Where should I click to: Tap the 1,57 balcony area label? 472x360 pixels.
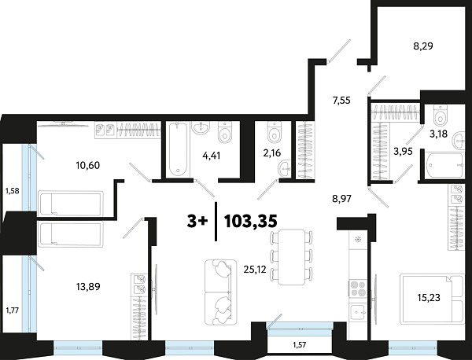[300, 343]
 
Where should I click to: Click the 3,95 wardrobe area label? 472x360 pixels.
[404, 151]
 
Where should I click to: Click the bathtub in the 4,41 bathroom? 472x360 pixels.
[176, 149]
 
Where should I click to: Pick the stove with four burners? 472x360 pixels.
[357, 286]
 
